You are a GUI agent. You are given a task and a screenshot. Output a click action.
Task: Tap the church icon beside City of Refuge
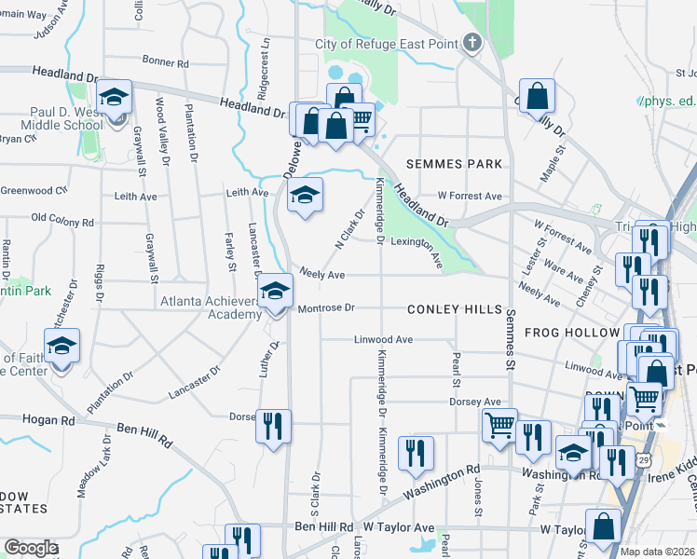click(472, 43)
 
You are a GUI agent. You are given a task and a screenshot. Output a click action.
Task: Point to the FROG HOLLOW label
click(572, 333)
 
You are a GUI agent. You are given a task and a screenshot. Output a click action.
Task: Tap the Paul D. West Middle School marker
click(114, 99)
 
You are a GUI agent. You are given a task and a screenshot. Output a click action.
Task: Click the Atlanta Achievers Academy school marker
click(274, 292)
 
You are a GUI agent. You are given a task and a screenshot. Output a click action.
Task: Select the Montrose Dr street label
click(326, 308)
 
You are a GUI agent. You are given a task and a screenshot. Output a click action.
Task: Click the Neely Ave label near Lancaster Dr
click(321, 276)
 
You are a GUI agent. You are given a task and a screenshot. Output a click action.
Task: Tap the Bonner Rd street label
click(166, 63)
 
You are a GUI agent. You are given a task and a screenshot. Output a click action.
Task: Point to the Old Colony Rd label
click(62, 221)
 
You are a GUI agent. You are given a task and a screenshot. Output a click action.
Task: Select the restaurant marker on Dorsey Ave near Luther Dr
click(273, 427)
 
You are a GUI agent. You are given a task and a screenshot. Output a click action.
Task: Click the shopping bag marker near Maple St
click(538, 96)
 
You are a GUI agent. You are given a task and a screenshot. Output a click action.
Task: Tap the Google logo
click(31, 549)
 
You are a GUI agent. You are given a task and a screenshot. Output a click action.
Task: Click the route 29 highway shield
click(645, 459)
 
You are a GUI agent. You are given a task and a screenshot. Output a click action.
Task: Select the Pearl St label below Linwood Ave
click(457, 370)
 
